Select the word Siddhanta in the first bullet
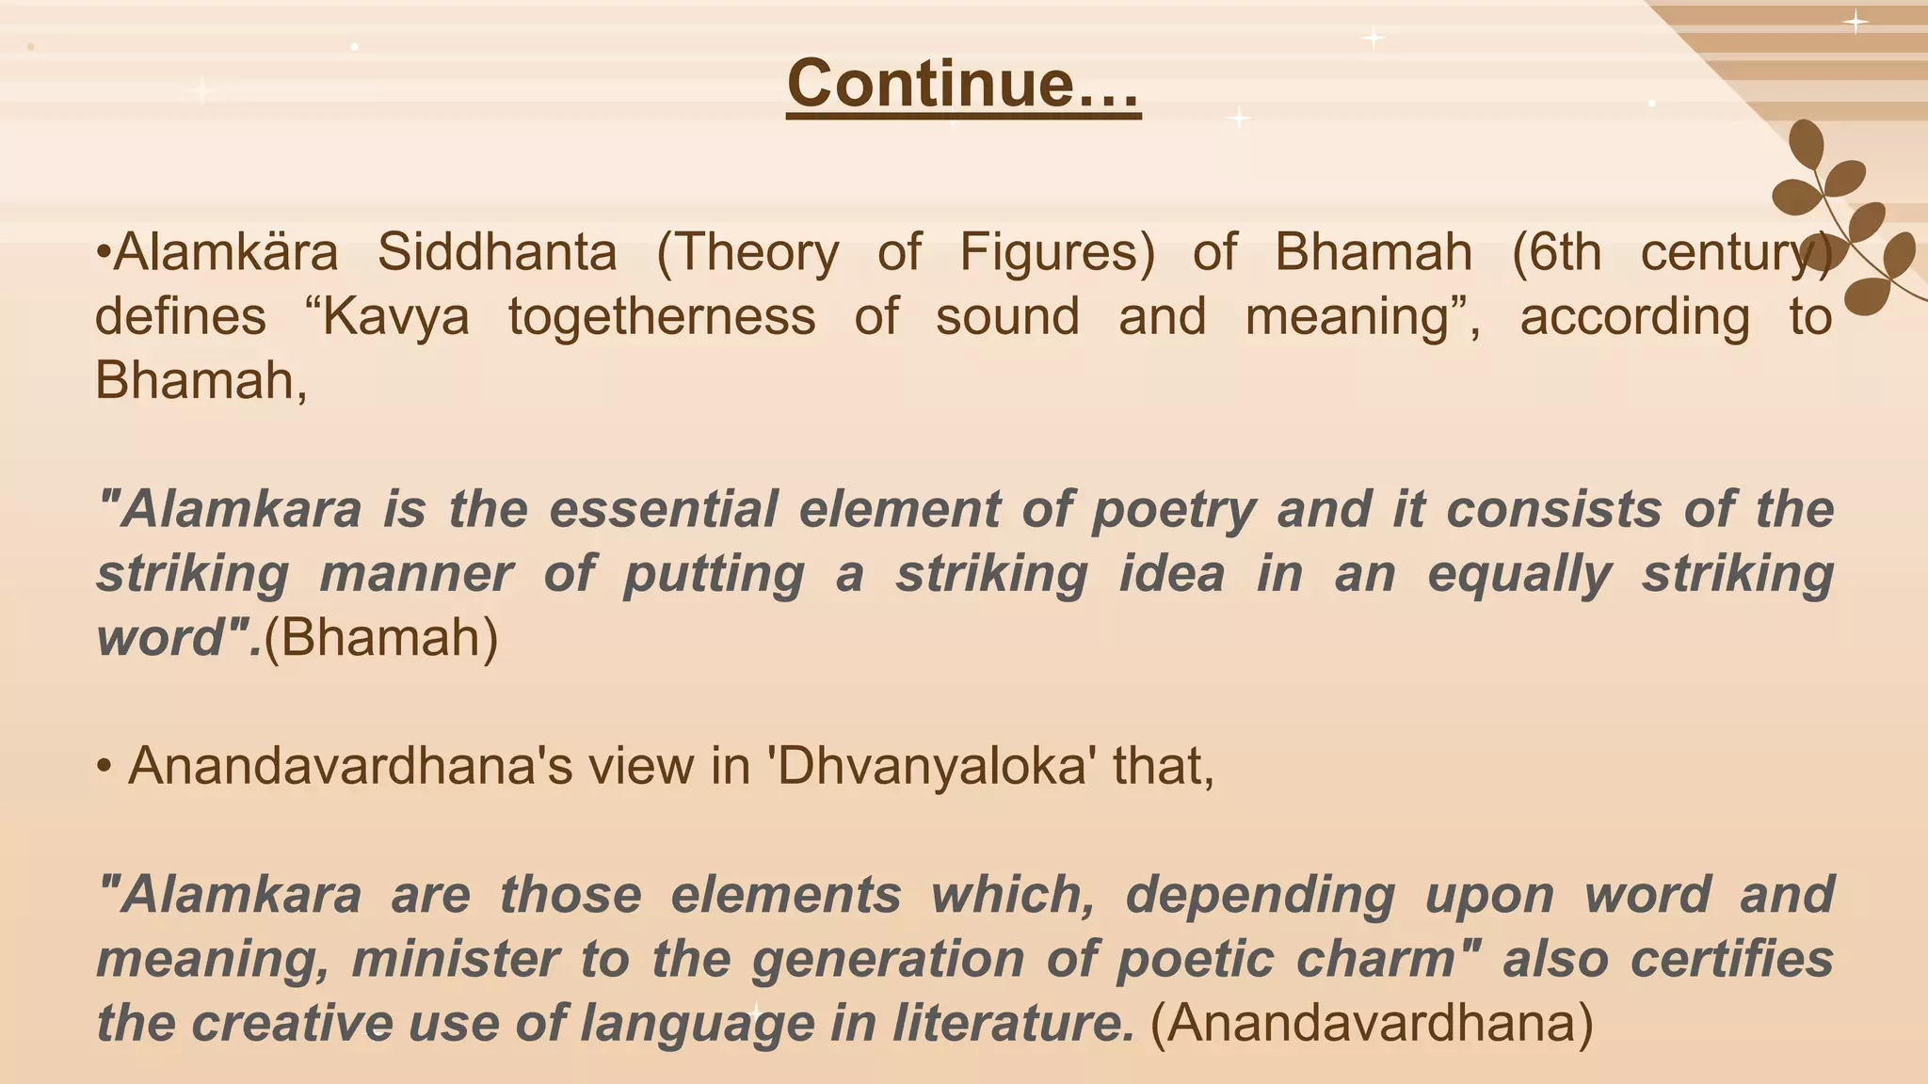coord(497,252)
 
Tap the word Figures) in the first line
coord(1056,252)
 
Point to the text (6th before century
coord(1555,252)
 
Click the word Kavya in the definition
coord(395,316)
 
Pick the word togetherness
coord(662,316)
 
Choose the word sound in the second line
coord(1007,316)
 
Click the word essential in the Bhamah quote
coord(663,509)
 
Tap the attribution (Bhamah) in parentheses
coord(380,638)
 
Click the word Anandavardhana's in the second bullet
coord(350,766)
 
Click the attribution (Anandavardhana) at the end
coord(1372,1024)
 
